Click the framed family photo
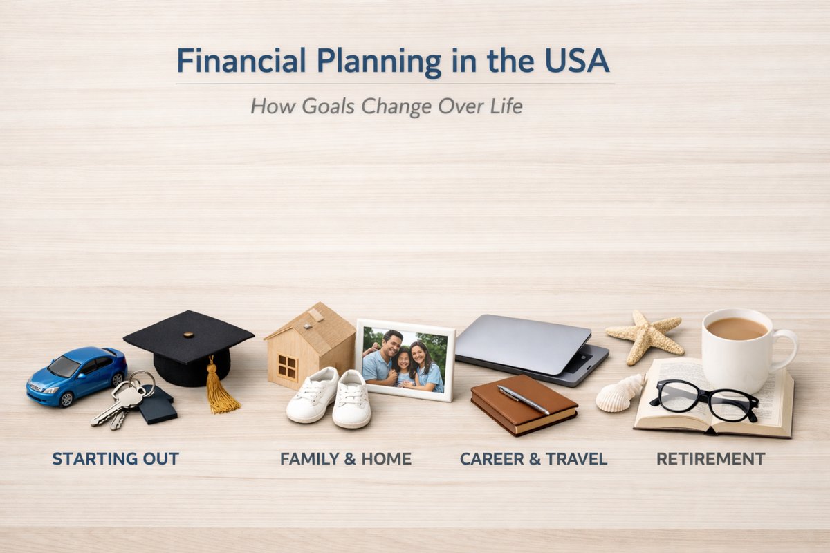pos(405,360)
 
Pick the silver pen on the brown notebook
pos(523,399)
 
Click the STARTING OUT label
pos(116,458)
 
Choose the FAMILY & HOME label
pos(345,458)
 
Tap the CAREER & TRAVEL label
pos(533,458)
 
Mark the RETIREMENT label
pos(710,458)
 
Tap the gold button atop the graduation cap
pos(188,335)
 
